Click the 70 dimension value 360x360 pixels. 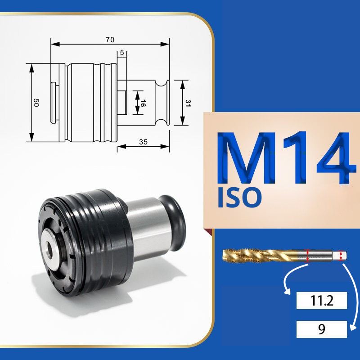110,40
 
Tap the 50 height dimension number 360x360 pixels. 36,103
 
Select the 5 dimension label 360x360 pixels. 121,53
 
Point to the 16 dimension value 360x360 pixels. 143,103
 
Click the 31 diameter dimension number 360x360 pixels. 188,103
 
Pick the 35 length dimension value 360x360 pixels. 143,142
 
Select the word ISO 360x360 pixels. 239,197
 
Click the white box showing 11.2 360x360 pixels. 321,301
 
